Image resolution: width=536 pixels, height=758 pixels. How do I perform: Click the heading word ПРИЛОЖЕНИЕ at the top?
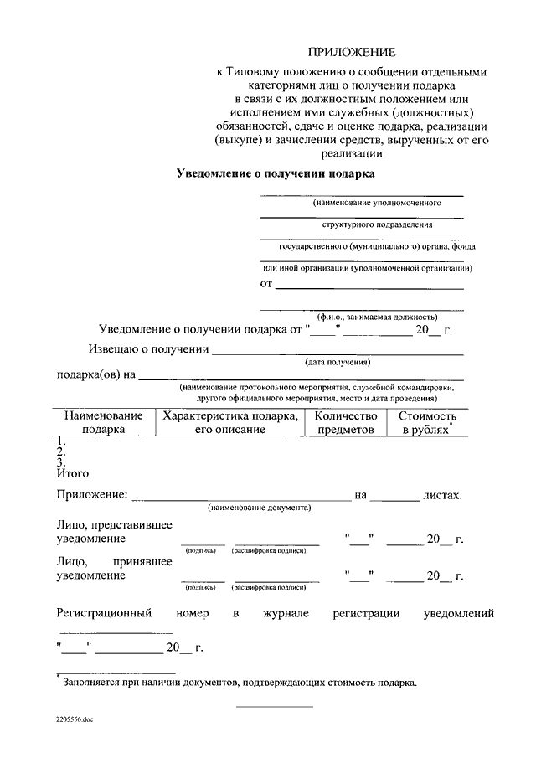[351, 53]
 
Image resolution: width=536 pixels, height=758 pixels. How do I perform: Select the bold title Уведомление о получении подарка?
[276, 173]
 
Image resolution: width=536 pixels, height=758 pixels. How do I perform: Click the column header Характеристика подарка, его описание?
[230, 422]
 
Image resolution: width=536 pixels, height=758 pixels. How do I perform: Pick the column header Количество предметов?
[346, 422]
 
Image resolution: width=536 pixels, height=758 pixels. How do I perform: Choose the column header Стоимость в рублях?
[427, 422]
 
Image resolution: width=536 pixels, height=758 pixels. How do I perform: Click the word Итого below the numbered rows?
[73, 473]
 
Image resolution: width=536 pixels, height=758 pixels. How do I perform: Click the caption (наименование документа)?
[260, 508]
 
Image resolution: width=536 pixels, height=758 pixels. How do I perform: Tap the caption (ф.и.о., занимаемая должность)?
[371, 317]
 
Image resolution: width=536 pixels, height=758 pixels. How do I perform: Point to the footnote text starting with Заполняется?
[240, 683]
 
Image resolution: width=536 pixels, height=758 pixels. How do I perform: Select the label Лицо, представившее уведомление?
[114, 531]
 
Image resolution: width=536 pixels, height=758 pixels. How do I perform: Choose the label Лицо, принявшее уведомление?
[114, 568]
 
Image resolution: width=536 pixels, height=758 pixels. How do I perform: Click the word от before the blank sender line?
[267, 284]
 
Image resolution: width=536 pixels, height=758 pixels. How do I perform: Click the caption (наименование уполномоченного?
[375, 203]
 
